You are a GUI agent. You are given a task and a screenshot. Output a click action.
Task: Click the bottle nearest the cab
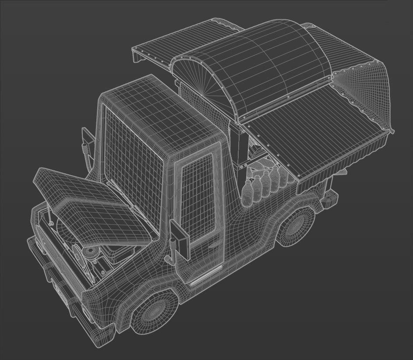point(247,193)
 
